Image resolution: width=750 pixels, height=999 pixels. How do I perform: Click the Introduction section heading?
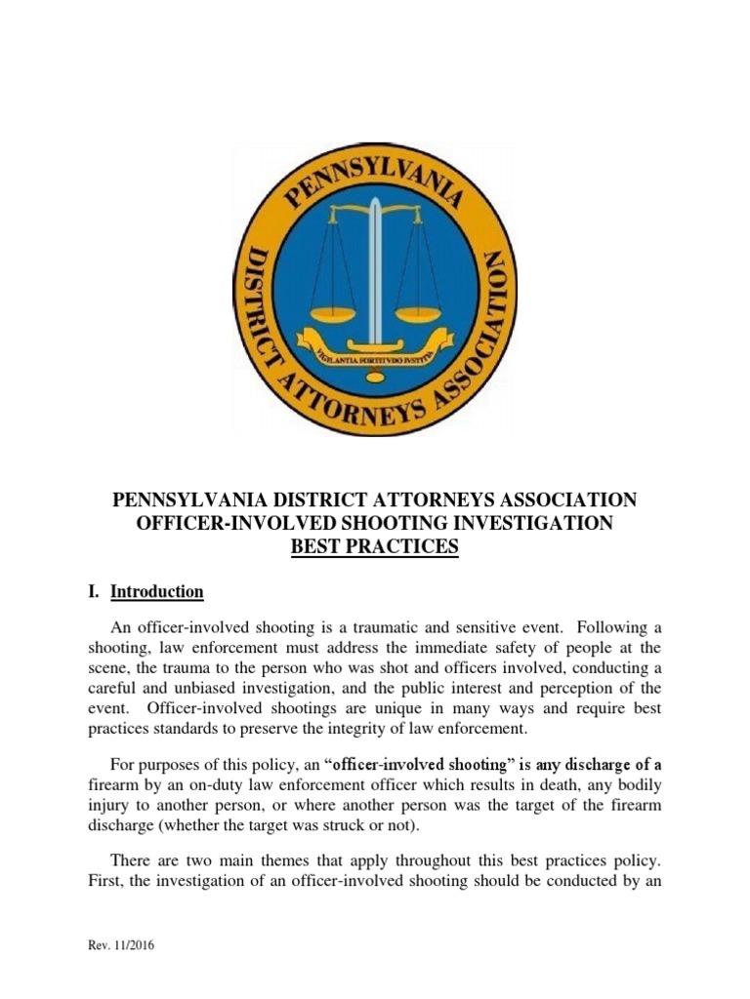point(156,592)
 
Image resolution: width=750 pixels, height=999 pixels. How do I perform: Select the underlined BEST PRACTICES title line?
point(375,548)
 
